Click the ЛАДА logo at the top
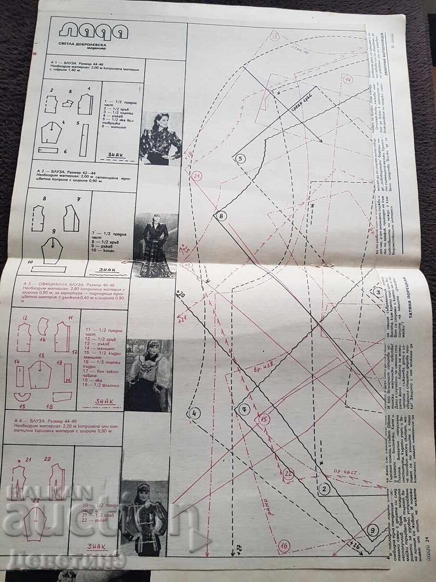(93, 32)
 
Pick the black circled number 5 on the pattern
(239, 158)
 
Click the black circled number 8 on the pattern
(220, 216)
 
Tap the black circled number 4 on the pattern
(194, 413)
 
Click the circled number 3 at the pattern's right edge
(378, 292)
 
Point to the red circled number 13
(275, 37)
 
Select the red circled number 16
(284, 546)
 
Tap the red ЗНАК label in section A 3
(104, 401)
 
